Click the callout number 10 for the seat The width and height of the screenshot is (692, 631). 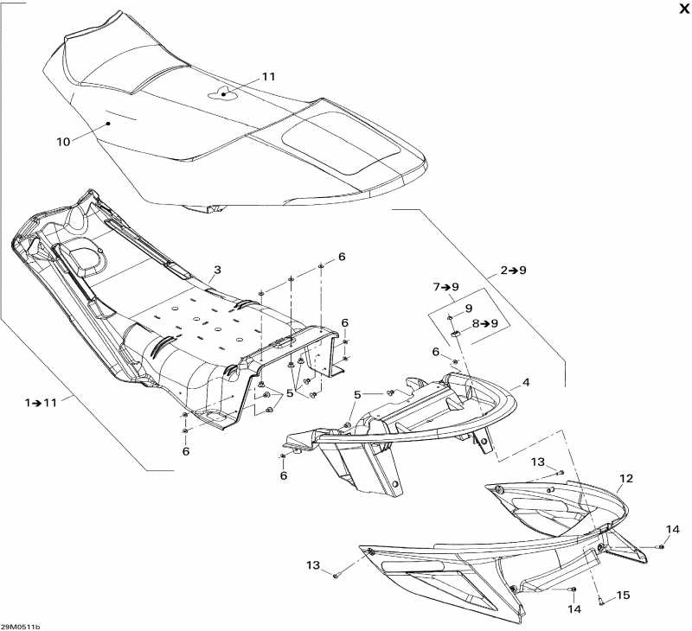tap(63, 142)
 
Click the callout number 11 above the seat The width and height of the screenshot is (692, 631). tap(268, 77)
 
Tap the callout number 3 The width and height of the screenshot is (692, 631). tap(217, 270)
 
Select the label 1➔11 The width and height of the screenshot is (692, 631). tap(41, 402)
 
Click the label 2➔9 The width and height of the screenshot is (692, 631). tap(513, 270)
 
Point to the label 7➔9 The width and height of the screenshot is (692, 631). tap(445, 287)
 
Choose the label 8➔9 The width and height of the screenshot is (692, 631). tap(485, 323)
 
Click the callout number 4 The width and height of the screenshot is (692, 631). tap(526, 382)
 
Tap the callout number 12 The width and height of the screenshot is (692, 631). tap(626, 478)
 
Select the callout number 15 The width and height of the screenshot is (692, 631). tap(623, 596)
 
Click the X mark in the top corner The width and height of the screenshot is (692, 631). tap(683, 9)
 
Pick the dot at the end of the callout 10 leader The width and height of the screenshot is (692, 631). tap(107, 124)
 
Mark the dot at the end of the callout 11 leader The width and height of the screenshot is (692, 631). tap(224, 94)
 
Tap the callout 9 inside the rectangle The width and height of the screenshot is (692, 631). tap(469, 309)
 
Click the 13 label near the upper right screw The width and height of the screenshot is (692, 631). tap(538, 462)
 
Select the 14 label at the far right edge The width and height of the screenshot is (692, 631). tap(673, 529)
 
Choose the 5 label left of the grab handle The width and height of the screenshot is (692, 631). tap(357, 395)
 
